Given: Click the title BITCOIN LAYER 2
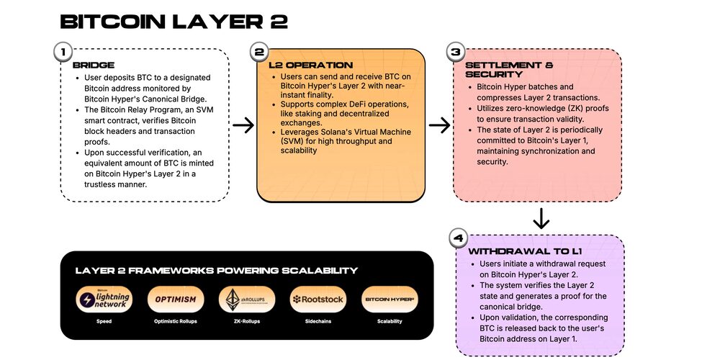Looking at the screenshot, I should pos(174,22).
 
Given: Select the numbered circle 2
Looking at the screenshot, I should pos(259,52).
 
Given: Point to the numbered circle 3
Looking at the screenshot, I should pos(454,52).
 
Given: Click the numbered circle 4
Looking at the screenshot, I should pos(459,238).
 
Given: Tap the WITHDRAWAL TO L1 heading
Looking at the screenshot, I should pos(525,252).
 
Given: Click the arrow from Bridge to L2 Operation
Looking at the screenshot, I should pos(244,125).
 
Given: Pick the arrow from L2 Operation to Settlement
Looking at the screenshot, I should pos(439,125).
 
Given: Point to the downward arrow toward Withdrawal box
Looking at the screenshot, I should pos(541,217).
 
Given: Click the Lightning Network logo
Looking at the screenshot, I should pos(104,300).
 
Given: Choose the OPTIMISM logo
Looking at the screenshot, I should pos(176,300).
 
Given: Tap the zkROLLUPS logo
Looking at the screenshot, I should pos(247,300).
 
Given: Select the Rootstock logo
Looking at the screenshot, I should pos(318,300).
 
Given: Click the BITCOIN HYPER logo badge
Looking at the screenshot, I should pos(389,300).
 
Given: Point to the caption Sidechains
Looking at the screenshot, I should pos(318,321).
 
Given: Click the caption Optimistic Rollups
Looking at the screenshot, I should pos(176,321).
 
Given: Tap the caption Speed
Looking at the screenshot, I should pos(104,321).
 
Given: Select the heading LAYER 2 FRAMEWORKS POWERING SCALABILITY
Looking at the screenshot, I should pos(216,271).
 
